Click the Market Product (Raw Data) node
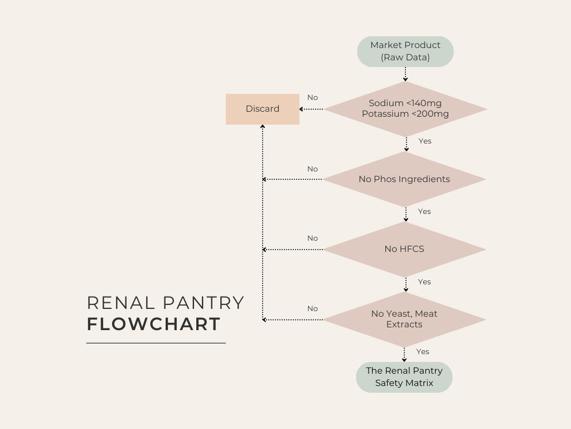coord(405,51)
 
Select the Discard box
coord(263,109)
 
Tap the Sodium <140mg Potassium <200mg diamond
coord(405,109)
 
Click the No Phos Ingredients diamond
coord(404,179)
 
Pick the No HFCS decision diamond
coord(404,249)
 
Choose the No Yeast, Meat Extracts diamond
coord(404,319)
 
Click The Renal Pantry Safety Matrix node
coord(404,377)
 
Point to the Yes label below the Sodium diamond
coord(425,141)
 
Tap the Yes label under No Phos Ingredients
coord(424,212)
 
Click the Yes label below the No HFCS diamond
coord(424,282)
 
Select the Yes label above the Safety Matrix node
coord(423,352)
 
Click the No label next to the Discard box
coord(312,98)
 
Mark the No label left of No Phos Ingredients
coord(312,169)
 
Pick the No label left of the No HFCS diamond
coord(312,239)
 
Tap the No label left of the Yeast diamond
coord(312,309)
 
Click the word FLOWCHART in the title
coord(154,325)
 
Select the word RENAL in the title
coord(120,303)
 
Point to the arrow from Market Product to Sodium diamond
coord(405,74)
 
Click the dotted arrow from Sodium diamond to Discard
coord(312,109)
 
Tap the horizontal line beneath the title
coord(156,343)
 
